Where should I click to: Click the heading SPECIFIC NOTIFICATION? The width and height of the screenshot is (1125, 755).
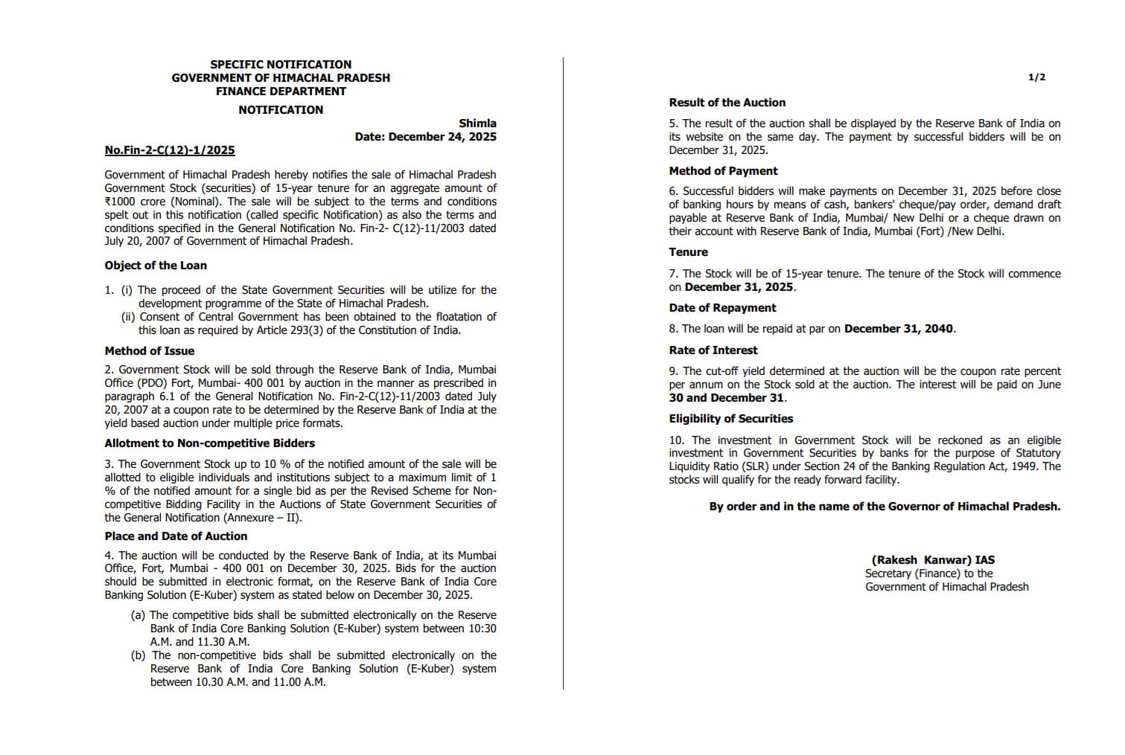click(x=281, y=65)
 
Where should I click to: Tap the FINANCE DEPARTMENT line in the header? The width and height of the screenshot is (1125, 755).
click(x=281, y=91)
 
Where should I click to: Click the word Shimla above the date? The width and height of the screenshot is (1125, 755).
click(x=477, y=123)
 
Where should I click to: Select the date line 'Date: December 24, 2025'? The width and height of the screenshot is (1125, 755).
click(x=425, y=137)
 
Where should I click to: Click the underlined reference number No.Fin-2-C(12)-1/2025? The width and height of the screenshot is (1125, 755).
click(x=170, y=150)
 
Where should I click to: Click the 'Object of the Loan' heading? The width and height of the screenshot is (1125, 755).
click(x=156, y=266)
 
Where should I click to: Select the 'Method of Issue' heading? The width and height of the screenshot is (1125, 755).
click(x=149, y=351)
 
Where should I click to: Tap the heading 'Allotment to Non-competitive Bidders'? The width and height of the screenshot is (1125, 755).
click(x=209, y=443)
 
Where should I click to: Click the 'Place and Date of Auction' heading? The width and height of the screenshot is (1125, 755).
click(x=176, y=536)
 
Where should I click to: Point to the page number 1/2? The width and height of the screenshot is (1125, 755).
click(x=1036, y=77)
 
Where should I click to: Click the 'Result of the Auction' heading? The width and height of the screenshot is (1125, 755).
click(x=727, y=103)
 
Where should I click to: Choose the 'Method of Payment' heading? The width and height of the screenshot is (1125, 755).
click(x=723, y=171)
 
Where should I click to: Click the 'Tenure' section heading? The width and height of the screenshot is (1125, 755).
click(x=688, y=252)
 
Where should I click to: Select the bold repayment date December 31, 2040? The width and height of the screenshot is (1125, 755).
click(x=899, y=329)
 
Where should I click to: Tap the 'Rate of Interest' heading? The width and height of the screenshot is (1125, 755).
click(x=713, y=350)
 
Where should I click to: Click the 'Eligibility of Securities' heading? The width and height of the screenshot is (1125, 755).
click(x=730, y=419)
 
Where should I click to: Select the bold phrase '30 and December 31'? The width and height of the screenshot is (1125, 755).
click(x=726, y=398)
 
